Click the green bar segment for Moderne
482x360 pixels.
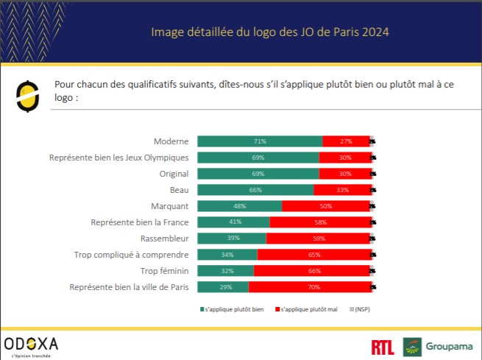tap(260, 141)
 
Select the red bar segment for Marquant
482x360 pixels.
tap(325, 206)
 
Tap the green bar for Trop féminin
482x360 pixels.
tap(226, 271)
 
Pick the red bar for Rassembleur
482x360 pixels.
tap(318, 239)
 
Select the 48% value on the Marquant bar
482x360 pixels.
tap(239, 206)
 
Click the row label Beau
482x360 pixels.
tap(179, 190)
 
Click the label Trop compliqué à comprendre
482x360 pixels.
tap(132, 255)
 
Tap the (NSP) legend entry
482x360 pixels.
tap(361, 309)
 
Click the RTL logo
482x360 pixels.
tap(382, 345)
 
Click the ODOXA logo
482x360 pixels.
tap(31, 345)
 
